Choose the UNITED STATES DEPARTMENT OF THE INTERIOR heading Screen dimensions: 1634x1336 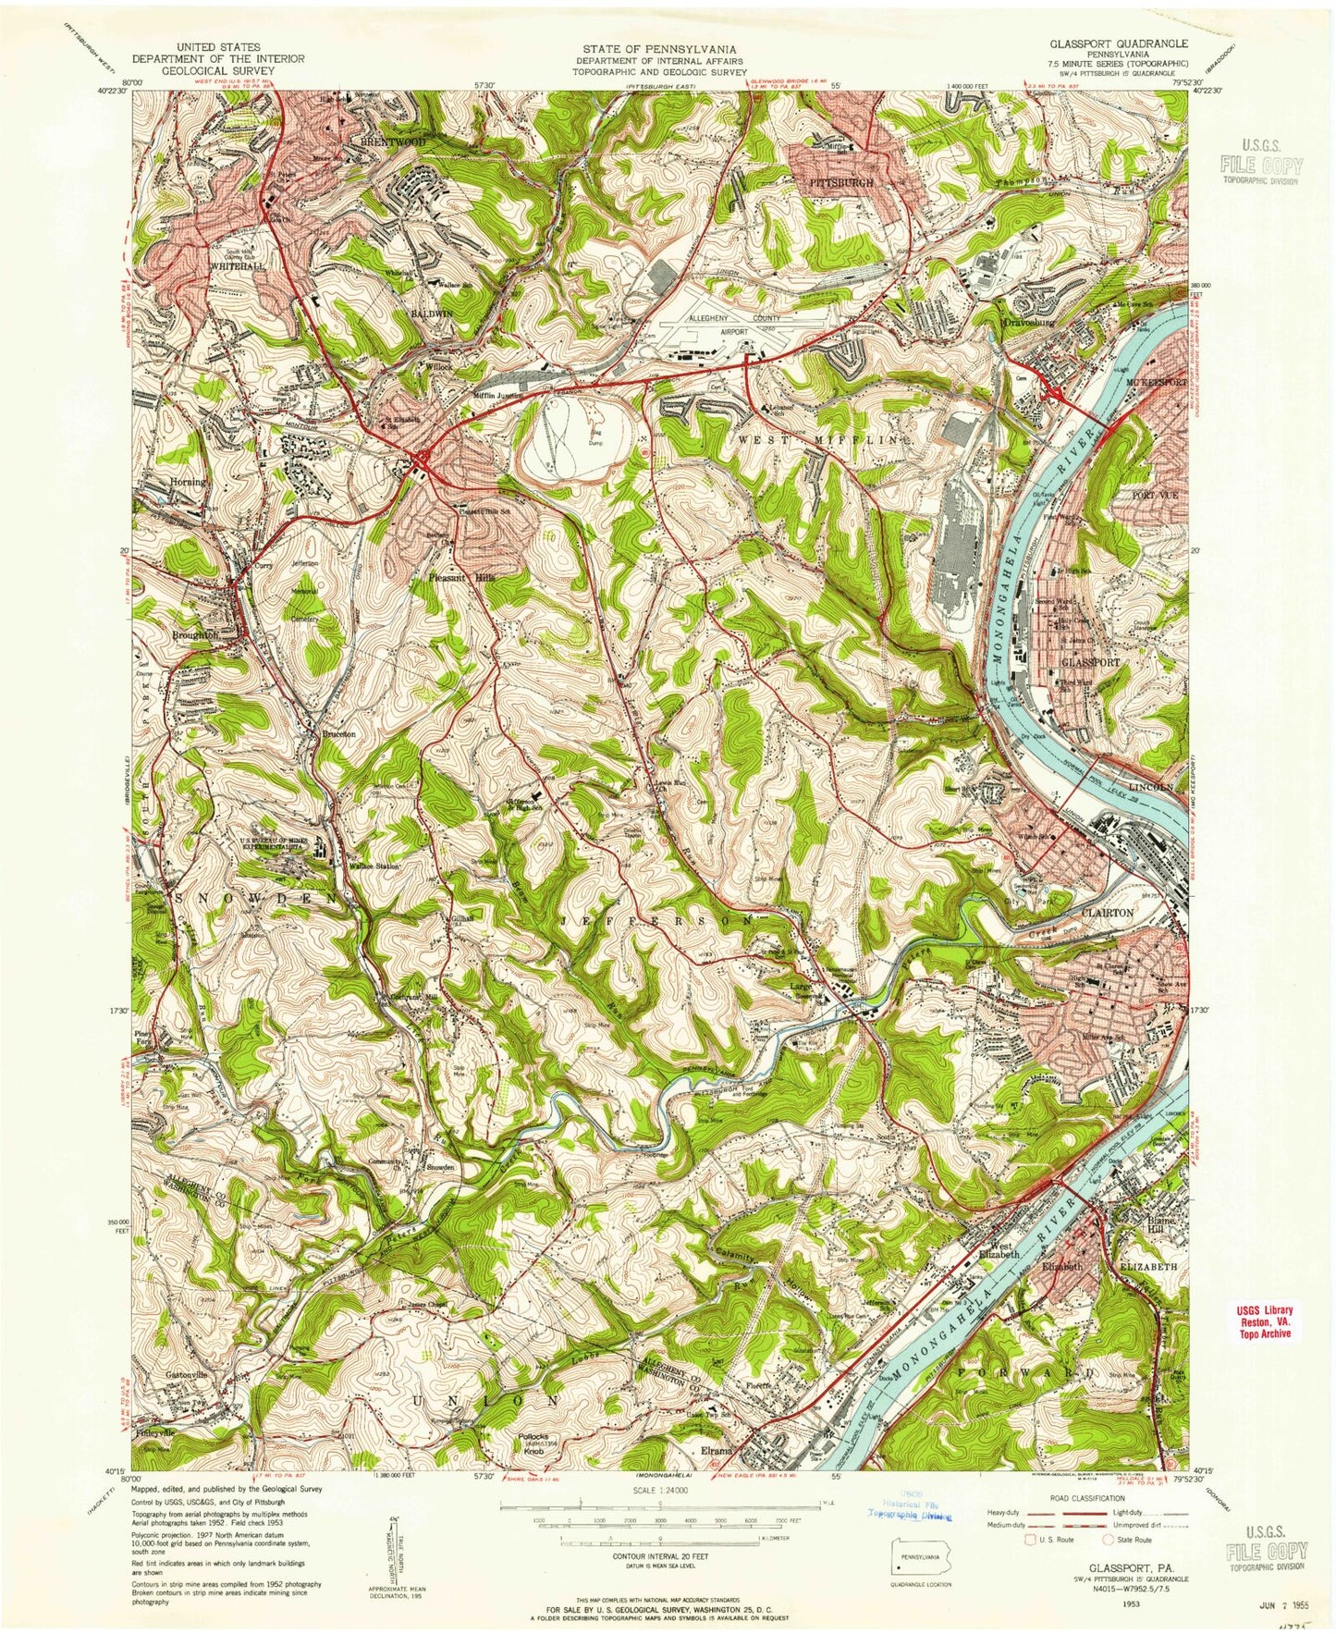click(x=217, y=53)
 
